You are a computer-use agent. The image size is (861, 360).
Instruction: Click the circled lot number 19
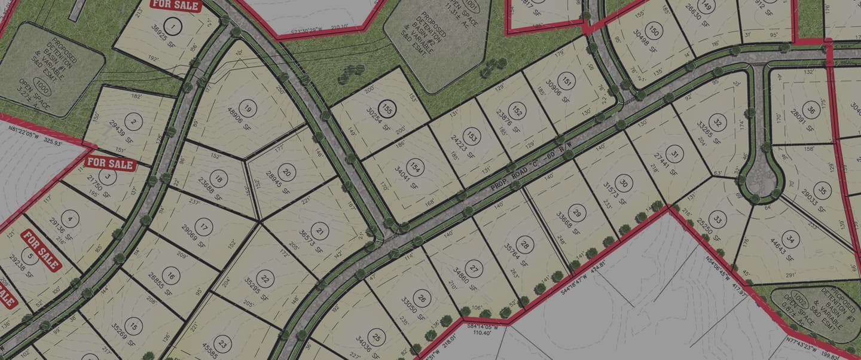248,108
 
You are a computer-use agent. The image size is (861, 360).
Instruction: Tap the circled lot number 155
388,109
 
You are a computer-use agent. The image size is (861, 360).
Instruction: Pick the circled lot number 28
525,244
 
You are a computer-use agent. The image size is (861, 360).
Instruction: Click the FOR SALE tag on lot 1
174,4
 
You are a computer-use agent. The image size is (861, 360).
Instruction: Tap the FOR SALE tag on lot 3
111,162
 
